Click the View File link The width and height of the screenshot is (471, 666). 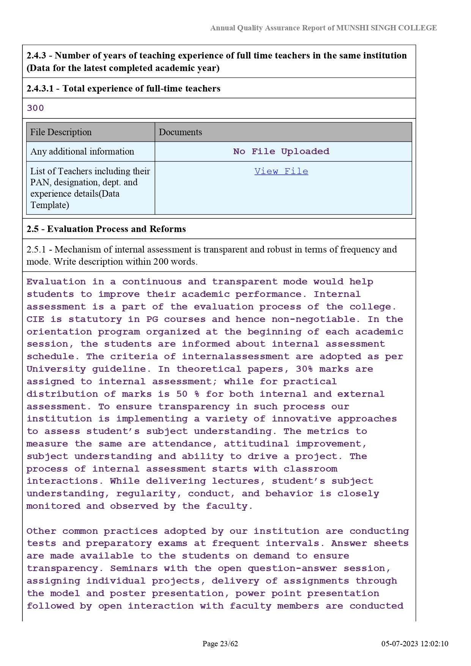[x=281, y=171]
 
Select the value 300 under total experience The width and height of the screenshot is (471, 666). [x=35, y=108]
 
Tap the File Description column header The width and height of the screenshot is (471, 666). [x=61, y=132]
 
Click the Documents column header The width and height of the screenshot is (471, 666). [x=180, y=132]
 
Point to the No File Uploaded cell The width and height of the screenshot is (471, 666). [x=281, y=152]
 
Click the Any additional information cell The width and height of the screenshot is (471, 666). [x=82, y=152]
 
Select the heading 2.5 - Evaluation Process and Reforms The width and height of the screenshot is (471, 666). [x=106, y=229]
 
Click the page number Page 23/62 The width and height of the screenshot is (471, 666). [x=220, y=644]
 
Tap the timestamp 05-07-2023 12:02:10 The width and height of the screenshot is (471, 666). [x=415, y=644]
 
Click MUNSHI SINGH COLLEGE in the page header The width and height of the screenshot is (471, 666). [x=386, y=28]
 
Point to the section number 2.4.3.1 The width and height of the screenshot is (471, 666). [x=40, y=88]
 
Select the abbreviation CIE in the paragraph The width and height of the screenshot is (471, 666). [x=35, y=319]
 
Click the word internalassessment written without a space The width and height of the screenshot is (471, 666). [x=235, y=357]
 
